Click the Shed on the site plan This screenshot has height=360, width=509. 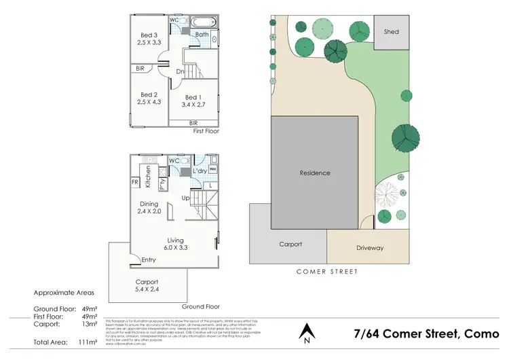(392, 31)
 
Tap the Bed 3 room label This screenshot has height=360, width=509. (149, 35)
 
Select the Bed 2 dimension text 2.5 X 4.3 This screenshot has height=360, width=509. (149, 102)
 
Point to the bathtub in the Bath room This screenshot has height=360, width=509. (204, 22)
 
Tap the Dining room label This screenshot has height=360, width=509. (149, 204)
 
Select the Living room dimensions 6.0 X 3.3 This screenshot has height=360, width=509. (176, 248)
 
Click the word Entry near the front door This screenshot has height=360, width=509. (149, 259)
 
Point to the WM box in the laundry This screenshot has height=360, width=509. (212, 168)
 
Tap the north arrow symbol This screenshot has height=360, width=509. (307, 331)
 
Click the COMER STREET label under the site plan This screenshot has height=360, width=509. (327, 272)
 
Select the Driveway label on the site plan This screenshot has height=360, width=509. (370, 248)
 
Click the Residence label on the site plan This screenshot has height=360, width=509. (315, 173)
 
